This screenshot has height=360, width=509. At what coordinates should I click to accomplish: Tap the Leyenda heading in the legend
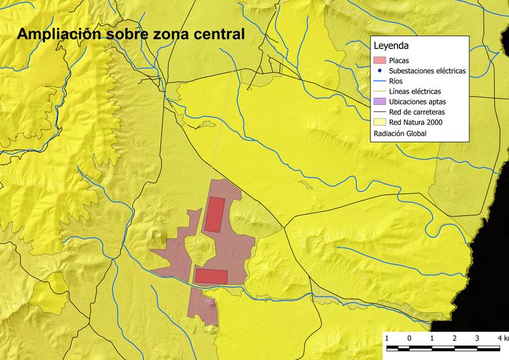point(391,46)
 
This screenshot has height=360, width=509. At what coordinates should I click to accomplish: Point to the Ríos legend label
point(396,81)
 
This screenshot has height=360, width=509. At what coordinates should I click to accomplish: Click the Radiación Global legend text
point(400,134)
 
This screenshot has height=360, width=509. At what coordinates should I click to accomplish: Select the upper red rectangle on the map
point(214,214)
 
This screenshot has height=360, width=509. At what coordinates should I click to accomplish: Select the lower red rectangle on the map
point(211,276)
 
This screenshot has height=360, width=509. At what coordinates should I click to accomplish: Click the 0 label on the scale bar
point(409,337)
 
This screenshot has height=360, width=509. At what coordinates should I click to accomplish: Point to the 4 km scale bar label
point(502,337)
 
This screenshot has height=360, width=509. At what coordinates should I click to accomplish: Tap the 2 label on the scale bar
point(454,337)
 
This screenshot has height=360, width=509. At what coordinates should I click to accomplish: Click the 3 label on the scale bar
point(477,337)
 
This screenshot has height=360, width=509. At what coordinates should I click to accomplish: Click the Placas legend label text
point(400,60)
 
